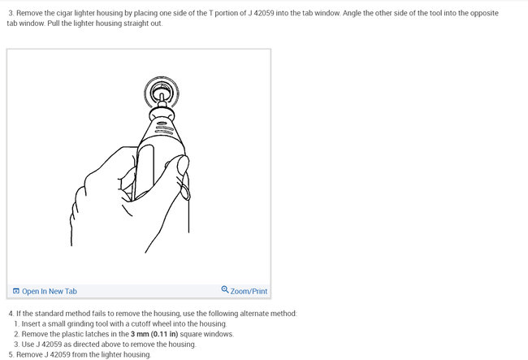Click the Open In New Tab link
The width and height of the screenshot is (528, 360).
pos(50,291)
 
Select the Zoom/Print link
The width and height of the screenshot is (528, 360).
pos(249,291)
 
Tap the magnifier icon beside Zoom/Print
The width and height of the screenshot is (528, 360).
pos(225,290)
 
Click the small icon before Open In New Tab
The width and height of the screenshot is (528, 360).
pos(15,291)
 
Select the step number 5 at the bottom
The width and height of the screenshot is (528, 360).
pos(11,354)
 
